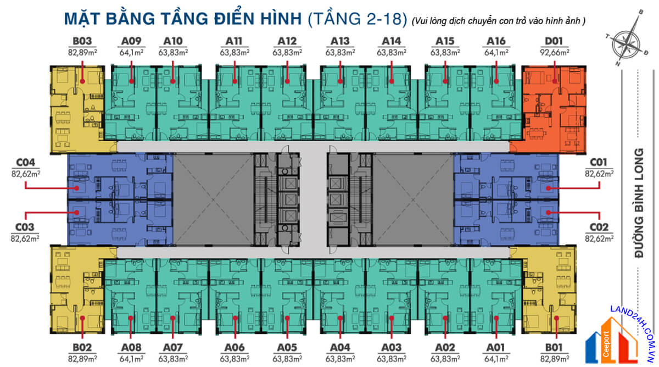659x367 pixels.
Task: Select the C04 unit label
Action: [x=26, y=162]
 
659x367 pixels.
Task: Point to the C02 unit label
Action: [x=599, y=226]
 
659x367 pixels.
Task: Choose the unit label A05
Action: [x=287, y=347]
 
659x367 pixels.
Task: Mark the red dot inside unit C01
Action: [x=548, y=188]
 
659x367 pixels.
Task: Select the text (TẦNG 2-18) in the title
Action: [x=357, y=18]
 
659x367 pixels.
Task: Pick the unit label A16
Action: [x=496, y=41]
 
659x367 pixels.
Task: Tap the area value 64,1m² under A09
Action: [x=132, y=52]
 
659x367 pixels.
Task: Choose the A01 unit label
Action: [x=496, y=347]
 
